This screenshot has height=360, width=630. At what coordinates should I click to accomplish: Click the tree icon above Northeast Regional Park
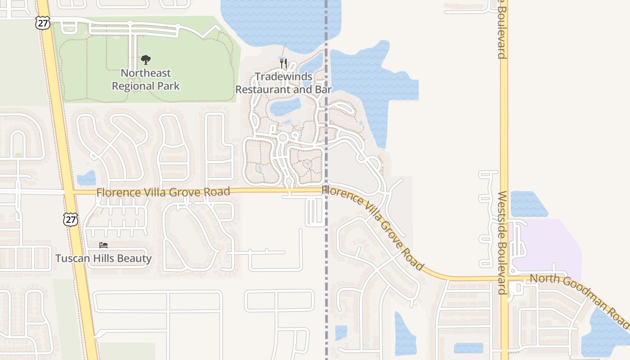[x=145, y=59]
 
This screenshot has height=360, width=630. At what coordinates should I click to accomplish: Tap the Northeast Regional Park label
[x=146, y=79]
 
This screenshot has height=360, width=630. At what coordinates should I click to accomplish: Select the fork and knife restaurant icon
[x=283, y=63]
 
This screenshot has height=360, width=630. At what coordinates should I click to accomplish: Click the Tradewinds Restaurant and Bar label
[x=283, y=83]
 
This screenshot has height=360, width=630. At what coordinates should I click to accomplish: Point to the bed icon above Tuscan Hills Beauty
[x=103, y=245]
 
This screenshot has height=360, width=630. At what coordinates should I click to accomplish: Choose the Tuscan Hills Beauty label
[x=103, y=258]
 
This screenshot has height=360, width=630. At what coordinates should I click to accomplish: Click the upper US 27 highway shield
[x=43, y=23]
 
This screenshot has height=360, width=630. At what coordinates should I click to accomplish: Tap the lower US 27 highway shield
[x=71, y=219]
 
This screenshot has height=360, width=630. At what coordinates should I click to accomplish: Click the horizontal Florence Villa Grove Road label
[x=163, y=192]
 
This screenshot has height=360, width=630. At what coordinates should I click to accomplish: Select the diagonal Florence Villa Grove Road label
[x=373, y=228]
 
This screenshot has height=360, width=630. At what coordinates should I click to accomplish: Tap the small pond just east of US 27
[x=86, y=178]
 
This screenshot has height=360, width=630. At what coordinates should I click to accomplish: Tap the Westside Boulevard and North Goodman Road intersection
[x=504, y=278]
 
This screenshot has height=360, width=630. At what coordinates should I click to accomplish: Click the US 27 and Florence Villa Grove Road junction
[x=68, y=193]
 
